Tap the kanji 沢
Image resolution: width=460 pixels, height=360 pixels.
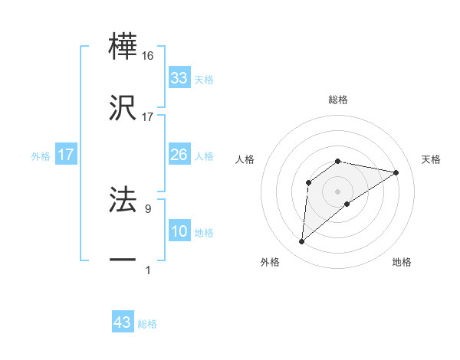(x=123, y=108)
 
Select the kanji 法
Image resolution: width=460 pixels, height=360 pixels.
(x=123, y=198)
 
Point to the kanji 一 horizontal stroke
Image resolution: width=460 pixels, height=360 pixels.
(x=123, y=260)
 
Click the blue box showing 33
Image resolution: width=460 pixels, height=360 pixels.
(x=179, y=78)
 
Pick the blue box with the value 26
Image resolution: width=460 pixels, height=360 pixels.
(x=179, y=155)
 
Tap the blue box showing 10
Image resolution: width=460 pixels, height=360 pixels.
(x=179, y=231)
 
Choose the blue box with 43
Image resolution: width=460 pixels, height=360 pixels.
(x=122, y=322)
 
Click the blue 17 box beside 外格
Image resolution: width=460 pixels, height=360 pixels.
(x=65, y=155)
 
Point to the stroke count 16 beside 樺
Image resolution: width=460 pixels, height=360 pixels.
(x=148, y=56)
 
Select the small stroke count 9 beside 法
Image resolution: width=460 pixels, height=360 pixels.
(x=148, y=208)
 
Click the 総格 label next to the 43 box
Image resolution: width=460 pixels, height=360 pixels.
(x=148, y=324)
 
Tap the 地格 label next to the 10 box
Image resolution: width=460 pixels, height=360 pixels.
(x=205, y=233)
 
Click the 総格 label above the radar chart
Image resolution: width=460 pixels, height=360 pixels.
(x=338, y=100)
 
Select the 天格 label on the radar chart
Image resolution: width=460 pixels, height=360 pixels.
(x=431, y=159)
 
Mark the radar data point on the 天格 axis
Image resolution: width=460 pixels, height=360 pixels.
(x=396, y=172)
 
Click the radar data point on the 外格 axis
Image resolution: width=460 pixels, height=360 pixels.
(x=301, y=242)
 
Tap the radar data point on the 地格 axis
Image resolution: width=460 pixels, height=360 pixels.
(x=347, y=204)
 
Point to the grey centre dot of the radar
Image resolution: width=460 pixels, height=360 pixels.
(x=338, y=191)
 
